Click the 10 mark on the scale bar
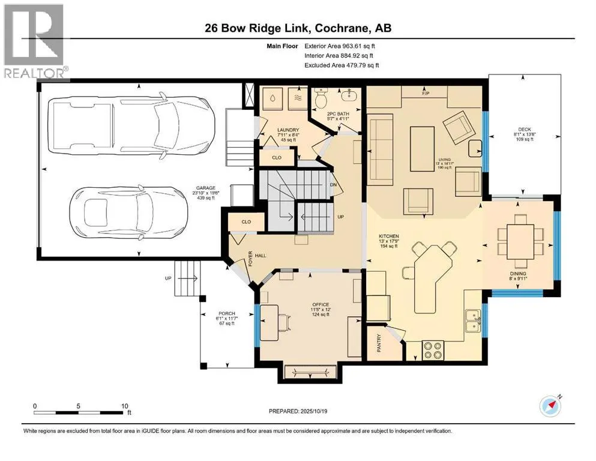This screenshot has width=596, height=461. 123,406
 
